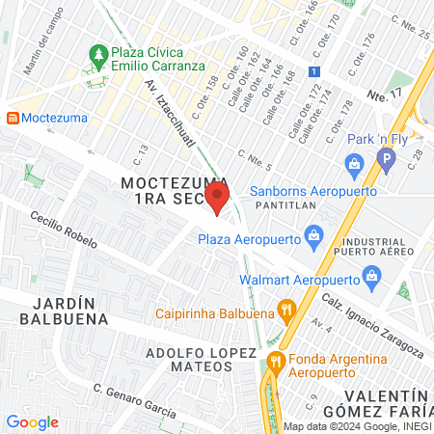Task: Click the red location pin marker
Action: click(x=217, y=200)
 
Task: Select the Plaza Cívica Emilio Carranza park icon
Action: click(x=96, y=53)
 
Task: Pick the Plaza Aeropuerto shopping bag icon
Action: click(x=312, y=234)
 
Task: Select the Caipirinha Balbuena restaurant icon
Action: click(x=285, y=311)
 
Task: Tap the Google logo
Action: click(x=32, y=421)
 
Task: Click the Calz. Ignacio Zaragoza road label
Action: click(x=370, y=322)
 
